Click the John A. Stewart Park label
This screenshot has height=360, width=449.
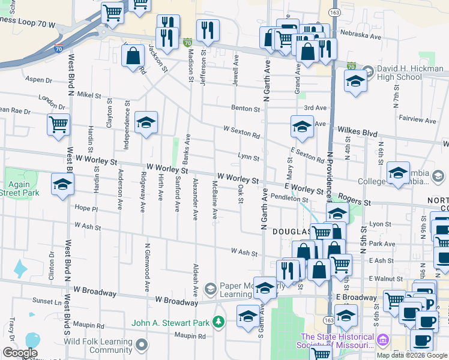(x=170, y=323)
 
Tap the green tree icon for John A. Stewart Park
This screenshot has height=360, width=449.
(x=219, y=323)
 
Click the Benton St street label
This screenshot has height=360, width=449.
(x=247, y=109)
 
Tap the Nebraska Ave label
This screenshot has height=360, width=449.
(x=361, y=36)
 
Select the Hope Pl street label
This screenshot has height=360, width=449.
(x=86, y=208)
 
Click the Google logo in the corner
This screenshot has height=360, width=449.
(x=20, y=353)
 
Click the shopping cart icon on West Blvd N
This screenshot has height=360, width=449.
(x=58, y=125)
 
